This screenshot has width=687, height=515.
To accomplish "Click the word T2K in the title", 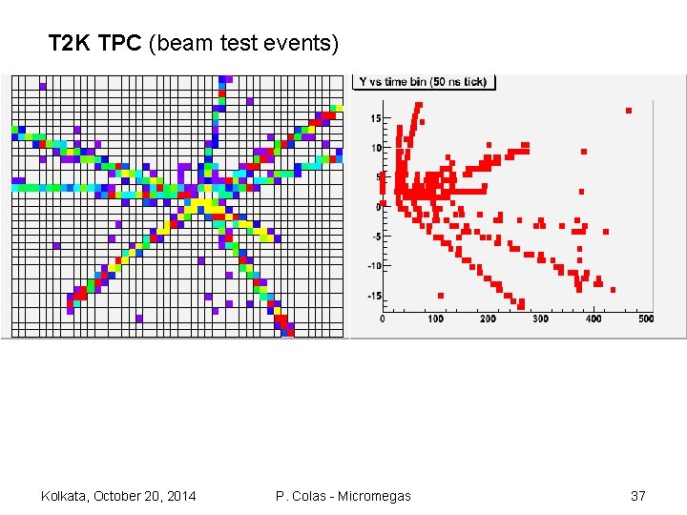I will (x=69, y=43).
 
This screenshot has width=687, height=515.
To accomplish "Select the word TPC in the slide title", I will (x=120, y=43).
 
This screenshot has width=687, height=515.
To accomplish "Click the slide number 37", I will (x=638, y=496).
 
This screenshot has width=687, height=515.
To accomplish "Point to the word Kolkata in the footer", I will (x=65, y=496).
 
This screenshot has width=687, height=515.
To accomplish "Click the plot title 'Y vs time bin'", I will (x=423, y=82).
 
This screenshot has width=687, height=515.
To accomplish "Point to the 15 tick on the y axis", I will (x=375, y=118).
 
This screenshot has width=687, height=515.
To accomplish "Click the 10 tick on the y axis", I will (x=375, y=148).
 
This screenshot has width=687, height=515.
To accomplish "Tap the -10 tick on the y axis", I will (x=374, y=266).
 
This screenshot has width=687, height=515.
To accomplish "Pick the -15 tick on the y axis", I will (x=374, y=296).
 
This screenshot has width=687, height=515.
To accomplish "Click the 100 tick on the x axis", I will (x=436, y=319).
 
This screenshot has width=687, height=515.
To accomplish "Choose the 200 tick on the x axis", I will (x=489, y=319).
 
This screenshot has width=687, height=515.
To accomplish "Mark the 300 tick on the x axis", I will (x=541, y=319).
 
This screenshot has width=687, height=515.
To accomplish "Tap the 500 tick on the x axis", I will (x=646, y=319).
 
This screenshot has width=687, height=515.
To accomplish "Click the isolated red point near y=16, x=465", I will (x=629, y=111).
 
